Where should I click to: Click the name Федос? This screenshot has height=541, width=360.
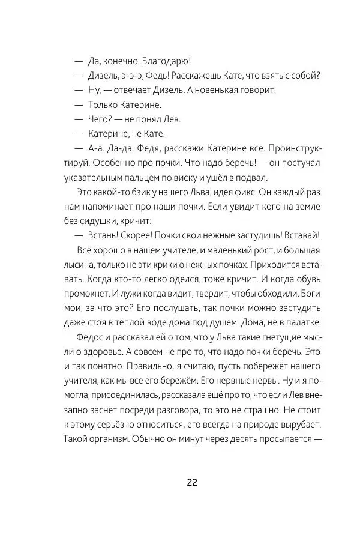pyautogui.click(x=92, y=337)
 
